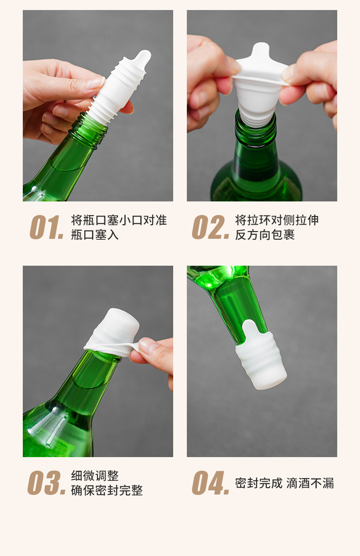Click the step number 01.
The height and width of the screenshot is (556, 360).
click(46, 227)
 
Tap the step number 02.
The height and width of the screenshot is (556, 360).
click(211, 227)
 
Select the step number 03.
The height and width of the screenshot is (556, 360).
click(46, 483)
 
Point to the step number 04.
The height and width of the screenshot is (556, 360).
click(211, 483)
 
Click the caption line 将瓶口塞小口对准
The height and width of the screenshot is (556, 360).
click(119, 220)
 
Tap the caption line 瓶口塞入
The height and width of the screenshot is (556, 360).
click(95, 235)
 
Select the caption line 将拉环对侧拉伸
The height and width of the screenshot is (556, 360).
click(277, 220)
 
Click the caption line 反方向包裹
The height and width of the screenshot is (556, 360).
click(265, 235)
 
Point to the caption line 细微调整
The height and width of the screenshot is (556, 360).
click(95, 476)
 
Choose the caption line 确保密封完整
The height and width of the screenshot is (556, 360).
click(107, 490)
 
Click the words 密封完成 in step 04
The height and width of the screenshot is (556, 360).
click(259, 483)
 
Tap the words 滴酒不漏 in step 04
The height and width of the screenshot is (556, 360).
click(310, 483)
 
